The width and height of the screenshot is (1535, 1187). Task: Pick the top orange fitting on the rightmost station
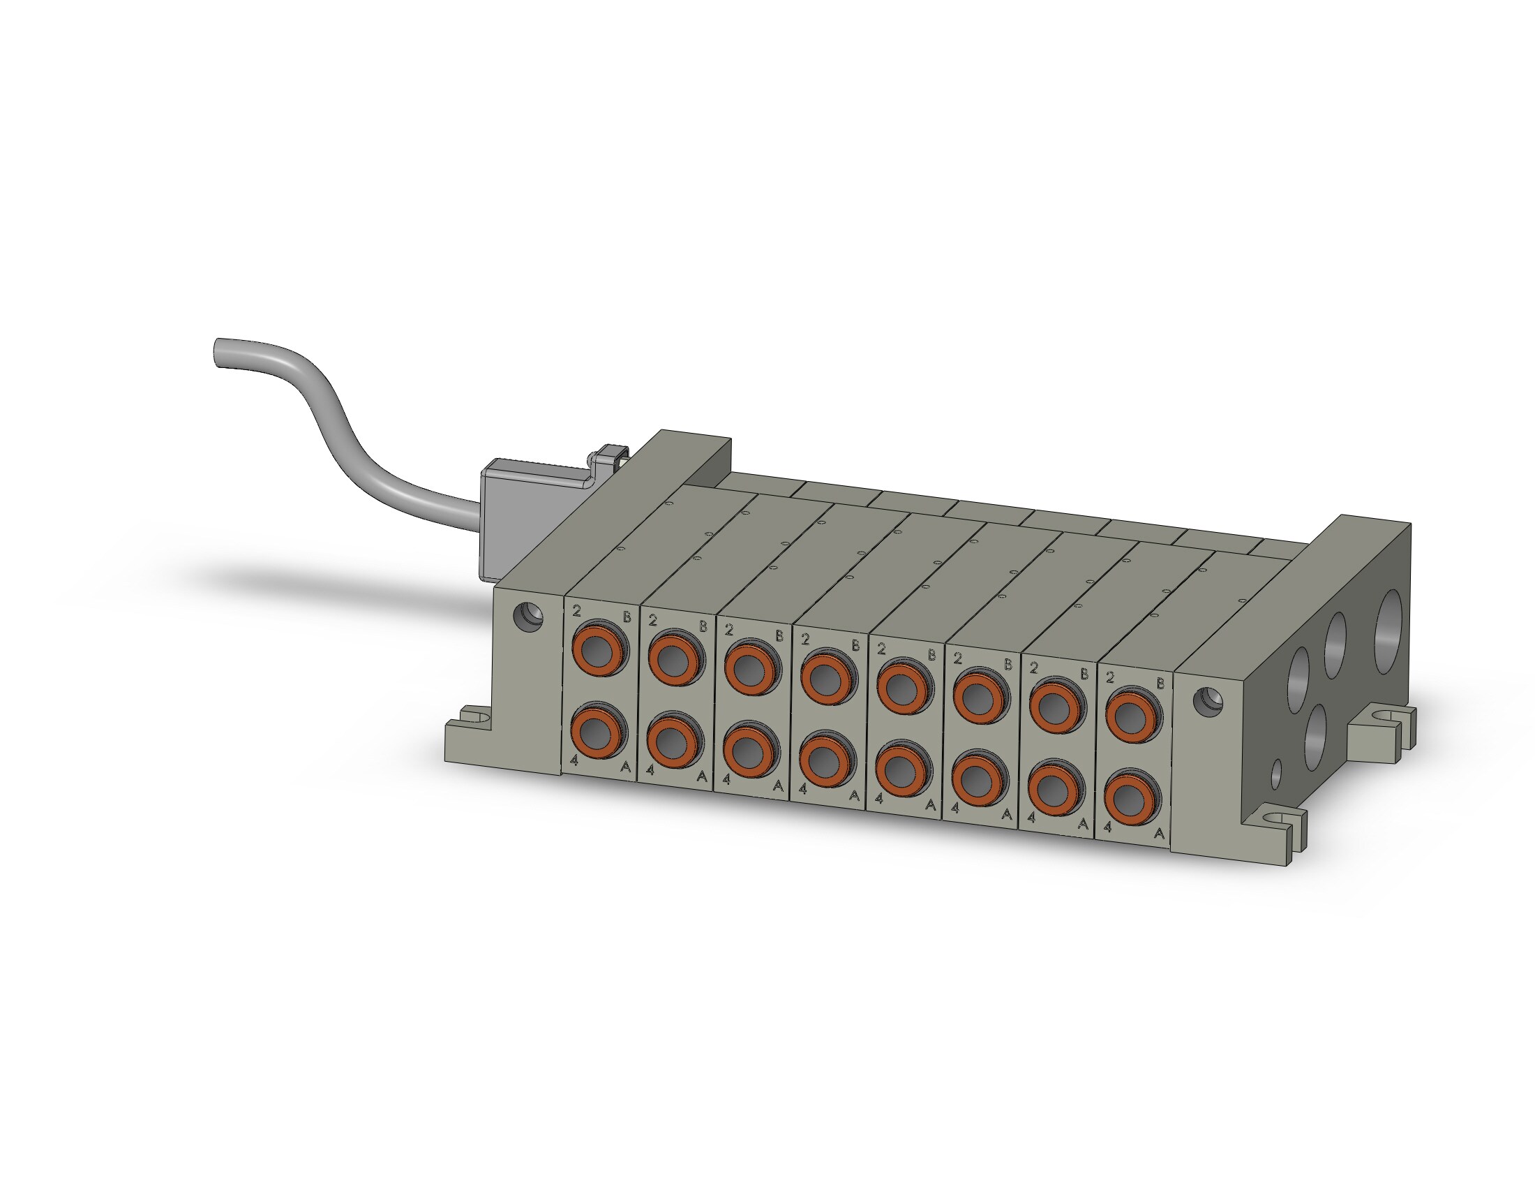tap(1132, 716)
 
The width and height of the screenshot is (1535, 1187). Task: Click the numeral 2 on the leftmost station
tap(577, 610)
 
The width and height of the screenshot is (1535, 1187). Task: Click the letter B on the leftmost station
tap(627, 617)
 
